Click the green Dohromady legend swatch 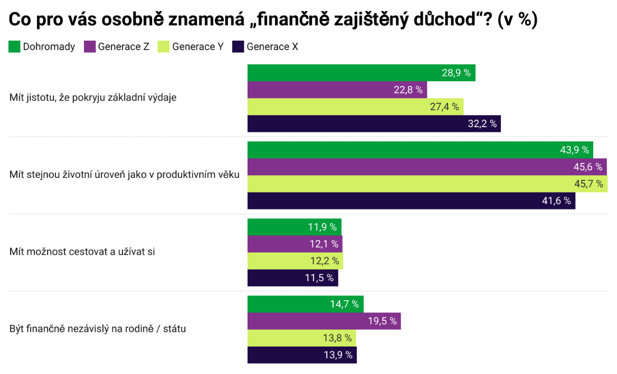pyautogui.click(x=14, y=46)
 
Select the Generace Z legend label pyautogui.click(x=124, y=46)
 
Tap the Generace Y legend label pyautogui.click(x=198, y=46)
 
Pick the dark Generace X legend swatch pyautogui.click(x=238, y=46)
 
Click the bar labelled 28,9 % pyautogui.click(x=361, y=73)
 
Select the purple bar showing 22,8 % pyautogui.click(x=337, y=90)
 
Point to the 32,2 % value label pyautogui.click(x=482, y=124)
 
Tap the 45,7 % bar pyautogui.click(x=427, y=184)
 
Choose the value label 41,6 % pyautogui.click(x=557, y=201)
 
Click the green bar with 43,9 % pyautogui.click(x=420, y=150)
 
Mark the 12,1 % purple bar pyautogui.click(x=295, y=244)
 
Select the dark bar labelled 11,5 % pyautogui.click(x=292, y=278)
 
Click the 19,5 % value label pyautogui.click(x=382, y=321)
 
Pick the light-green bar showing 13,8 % pyautogui.click(x=301, y=338)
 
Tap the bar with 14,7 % pyautogui.click(x=305, y=304)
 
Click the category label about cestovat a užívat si pyautogui.click(x=82, y=252)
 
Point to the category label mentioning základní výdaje pyautogui.click(x=93, y=98)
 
